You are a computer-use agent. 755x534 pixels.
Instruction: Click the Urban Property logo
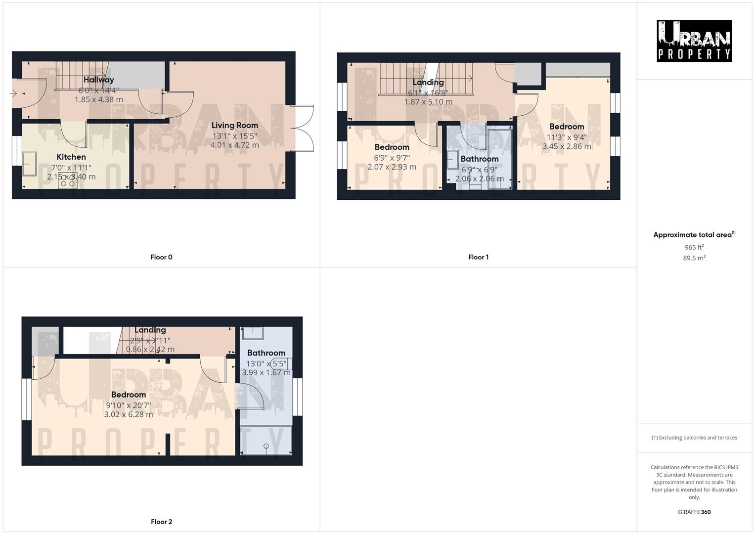coord(694,41)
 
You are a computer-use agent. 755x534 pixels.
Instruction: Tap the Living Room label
coord(235,126)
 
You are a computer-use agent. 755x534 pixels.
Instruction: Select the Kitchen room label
coord(71,157)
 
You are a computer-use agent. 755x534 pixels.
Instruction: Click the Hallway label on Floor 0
coord(98,80)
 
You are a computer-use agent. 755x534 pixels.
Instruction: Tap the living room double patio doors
coord(303,128)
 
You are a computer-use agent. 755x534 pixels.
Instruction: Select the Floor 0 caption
coord(161,257)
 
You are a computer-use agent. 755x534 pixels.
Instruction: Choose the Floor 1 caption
coord(478,257)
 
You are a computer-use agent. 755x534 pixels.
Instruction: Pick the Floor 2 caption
coord(161,522)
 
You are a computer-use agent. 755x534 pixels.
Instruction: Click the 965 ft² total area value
coord(694,247)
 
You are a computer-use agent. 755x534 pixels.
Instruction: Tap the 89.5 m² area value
coord(694,258)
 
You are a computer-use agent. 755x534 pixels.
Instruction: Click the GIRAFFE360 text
coord(694,512)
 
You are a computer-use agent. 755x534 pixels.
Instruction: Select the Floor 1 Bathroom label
coord(479,159)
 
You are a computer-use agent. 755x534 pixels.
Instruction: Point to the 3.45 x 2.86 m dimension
coord(567,146)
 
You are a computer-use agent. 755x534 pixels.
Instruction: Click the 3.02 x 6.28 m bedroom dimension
coord(128,414)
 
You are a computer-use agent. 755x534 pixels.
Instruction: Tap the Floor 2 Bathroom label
coord(266,353)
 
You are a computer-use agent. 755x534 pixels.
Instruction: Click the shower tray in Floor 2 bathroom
coord(266,440)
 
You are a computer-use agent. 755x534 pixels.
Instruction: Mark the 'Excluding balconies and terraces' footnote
coord(694,438)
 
